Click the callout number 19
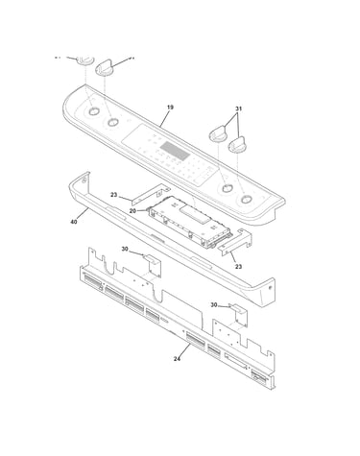click(170, 108)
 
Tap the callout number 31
click(238, 108)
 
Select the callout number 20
click(132, 211)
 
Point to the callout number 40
click(74, 222)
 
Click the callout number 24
click(177, 359)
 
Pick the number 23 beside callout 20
click(114, 195)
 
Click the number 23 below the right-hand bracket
click(238, 266)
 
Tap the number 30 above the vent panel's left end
click(125, 249)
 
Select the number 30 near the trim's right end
click(214, 305)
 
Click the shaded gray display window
click(175, 151)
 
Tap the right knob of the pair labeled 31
click(237, 144)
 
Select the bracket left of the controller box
click(151, 194)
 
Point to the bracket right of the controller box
click(235, 242)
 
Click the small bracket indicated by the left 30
click(154, 265)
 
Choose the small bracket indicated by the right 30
click(239, 315)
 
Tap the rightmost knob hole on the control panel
click(246, 200)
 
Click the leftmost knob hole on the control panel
click(93, 111)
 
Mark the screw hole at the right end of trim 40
click(271, 288)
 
